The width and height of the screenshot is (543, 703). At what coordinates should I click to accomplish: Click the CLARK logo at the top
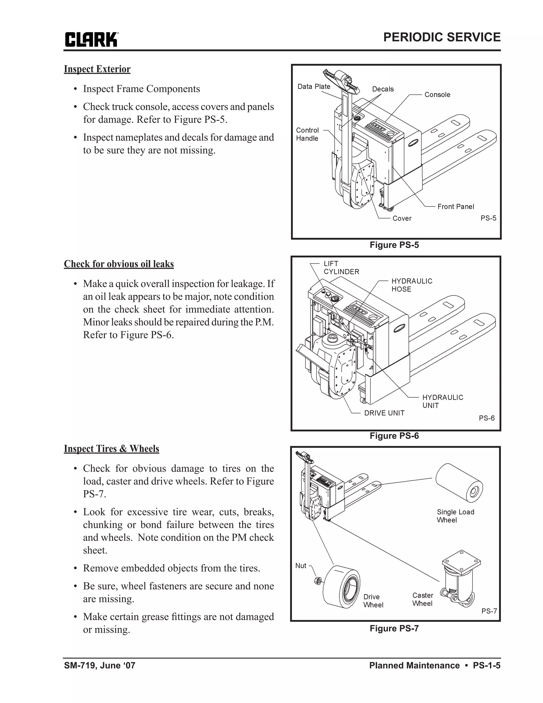[x=91, y=40]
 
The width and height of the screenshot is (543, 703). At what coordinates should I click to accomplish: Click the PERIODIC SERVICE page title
[x=442, y=37]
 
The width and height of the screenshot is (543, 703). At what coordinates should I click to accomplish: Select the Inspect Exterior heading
[x=97, y=69]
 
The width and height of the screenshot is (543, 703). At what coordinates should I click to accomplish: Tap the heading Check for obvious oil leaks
[x=119, y=264]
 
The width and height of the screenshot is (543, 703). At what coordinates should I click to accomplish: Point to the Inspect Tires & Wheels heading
[x=111, y=449]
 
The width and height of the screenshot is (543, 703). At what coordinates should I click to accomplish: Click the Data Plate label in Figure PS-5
[x=314, y=86]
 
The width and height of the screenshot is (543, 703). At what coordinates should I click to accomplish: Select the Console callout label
[x=437, y=95]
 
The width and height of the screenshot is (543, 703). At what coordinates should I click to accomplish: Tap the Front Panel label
[x=456, y=207]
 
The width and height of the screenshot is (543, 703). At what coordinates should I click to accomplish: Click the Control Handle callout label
[x=307, y=134]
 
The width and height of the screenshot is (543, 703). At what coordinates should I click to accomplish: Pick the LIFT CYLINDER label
[x=341, y=267]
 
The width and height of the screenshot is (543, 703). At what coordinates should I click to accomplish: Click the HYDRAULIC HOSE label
[x=411, y=285]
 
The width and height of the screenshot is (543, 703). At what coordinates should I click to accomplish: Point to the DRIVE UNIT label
[x=384, y=413]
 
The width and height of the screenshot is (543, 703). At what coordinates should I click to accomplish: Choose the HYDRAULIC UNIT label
[x=442, y=401]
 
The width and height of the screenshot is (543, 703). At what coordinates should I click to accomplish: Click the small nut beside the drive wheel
[x=316, y=581]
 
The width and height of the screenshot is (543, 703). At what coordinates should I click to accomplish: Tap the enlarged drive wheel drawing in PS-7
[x=341, y=587]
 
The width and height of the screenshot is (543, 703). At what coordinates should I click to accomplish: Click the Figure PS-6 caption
[x=394, y=436]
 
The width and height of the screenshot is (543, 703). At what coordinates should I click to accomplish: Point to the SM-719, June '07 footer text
[x=100, y=665]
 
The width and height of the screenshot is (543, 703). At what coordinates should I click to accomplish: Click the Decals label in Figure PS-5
[x=383, y=89]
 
